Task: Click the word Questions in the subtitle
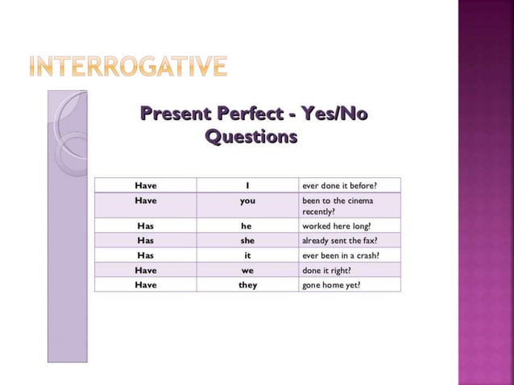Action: click(251, 137)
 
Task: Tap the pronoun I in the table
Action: click(247, 186)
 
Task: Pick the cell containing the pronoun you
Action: click(247, 201)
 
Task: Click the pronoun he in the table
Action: click(247, 226)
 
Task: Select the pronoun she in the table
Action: click(247, 240)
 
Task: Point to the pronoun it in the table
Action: click(247, 255)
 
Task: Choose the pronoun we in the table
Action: click(247, 270)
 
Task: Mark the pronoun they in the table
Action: click(247, 284)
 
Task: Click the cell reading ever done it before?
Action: click(338, 186)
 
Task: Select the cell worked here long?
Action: click(335, 226)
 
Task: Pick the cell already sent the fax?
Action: click(339, 240)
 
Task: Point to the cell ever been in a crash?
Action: click(340, 255)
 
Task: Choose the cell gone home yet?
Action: click(331, 284)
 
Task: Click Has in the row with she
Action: click(146, 240)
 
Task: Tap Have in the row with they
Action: click(146, 284)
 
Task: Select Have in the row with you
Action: click(146, 201)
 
